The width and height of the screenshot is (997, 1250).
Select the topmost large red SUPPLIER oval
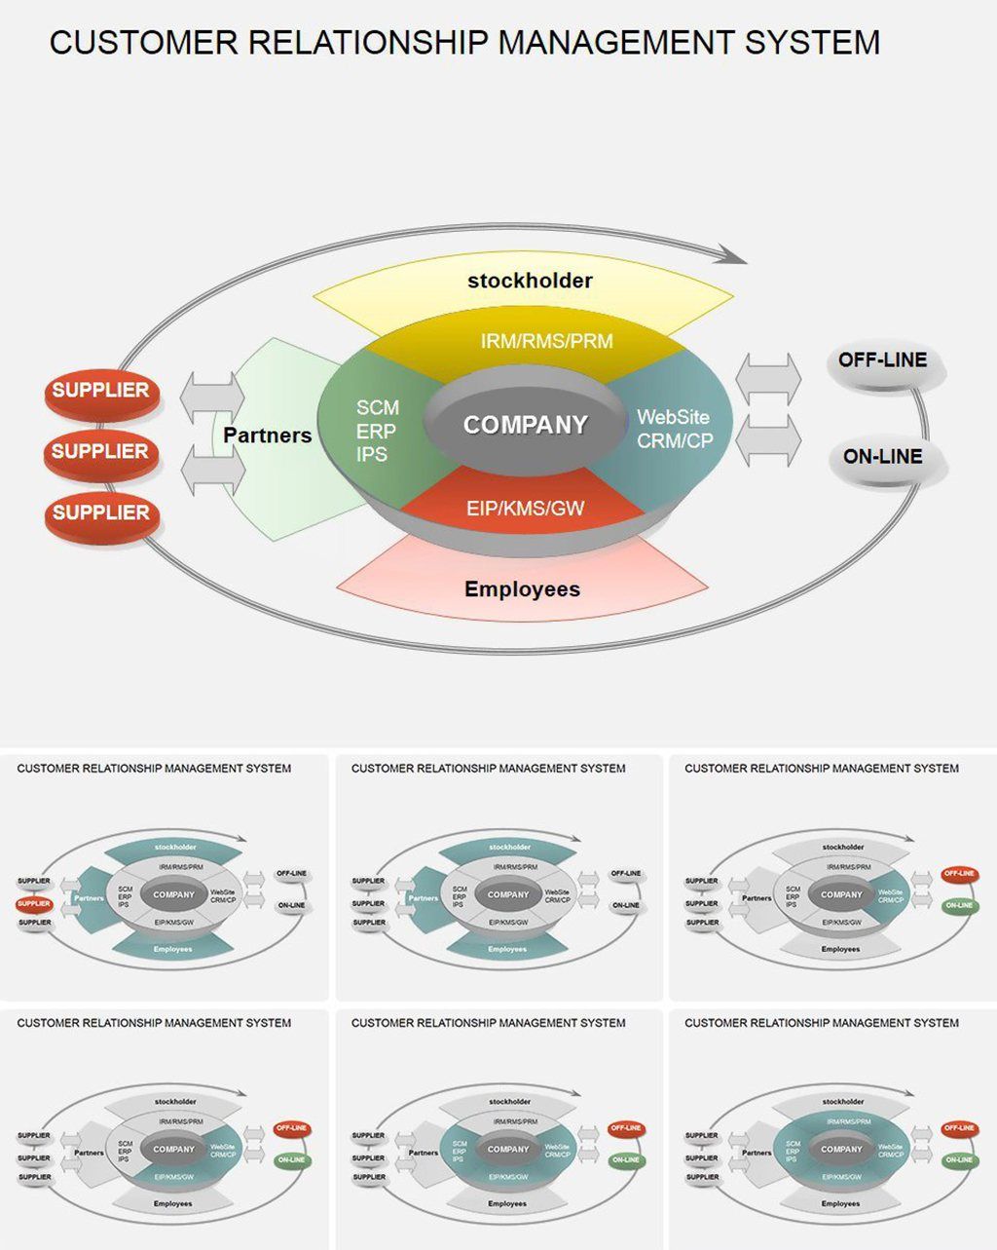pyautogui.click(x=100, y=392)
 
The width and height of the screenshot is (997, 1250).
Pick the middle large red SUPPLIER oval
pyautogui.click(x=100, y=452)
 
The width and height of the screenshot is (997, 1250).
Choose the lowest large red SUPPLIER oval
pyautogui.click(x=100, y=513)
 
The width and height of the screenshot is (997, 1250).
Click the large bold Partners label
pyautogui.click(x=267, y=436)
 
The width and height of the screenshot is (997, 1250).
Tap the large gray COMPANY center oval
pyautogui.click(x=526, y=426)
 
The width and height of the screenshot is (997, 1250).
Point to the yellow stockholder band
pyautogui.click(x=529, y=282)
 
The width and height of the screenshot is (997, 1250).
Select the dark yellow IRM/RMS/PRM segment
pyautogui.click(x=546, y=342)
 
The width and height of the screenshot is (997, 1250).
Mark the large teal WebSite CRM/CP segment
pyautogui.click(x=674, y=430)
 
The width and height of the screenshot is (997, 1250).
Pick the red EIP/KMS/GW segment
pyautogui.click(x=525, y=508)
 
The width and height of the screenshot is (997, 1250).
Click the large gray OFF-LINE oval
pyautogui.click(x=882, y=361)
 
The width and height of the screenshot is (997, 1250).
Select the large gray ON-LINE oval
pyautogui.click(x=882, y=457)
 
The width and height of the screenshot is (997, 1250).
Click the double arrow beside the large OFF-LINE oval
pyautogui.click(x=769, y=377)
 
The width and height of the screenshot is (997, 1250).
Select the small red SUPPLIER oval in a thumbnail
pyautogui.click(x=34, y=904)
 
